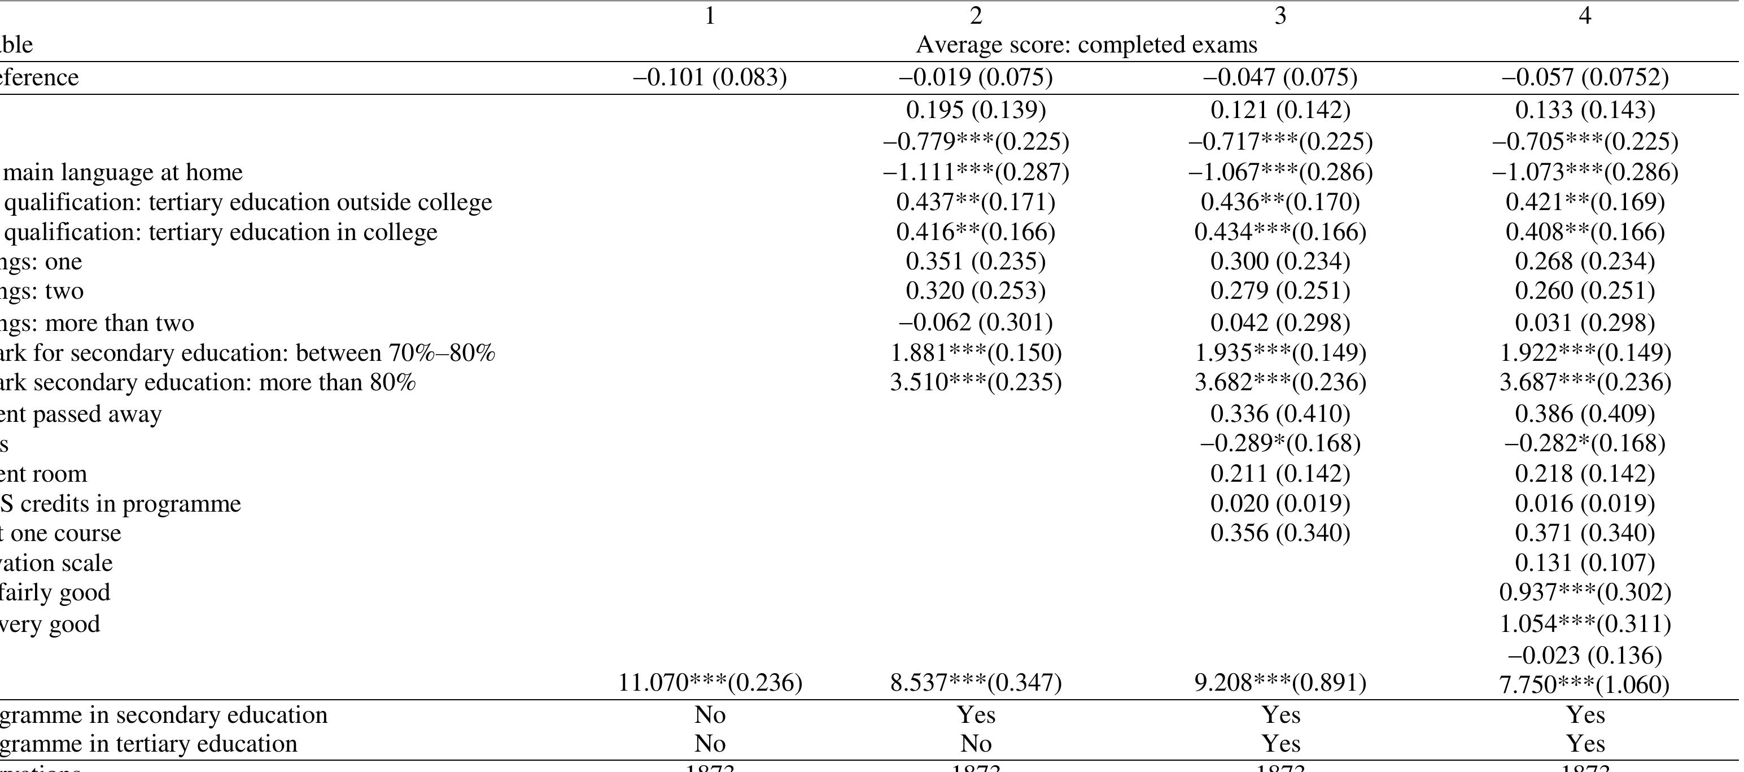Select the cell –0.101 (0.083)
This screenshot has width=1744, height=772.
(x=710, y=77)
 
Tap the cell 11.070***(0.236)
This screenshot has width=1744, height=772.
(x=710, y=682)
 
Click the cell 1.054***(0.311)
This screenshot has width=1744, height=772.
(x=1585, y=623)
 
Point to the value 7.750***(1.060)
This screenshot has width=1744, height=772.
(x=1585, y=684)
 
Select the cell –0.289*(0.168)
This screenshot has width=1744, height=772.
(x=1280, y=443)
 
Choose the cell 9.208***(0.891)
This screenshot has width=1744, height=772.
(x=1280, y=682)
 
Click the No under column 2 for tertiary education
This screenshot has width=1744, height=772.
(x=976, y=744)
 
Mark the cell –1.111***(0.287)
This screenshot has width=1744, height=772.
(x=976, y=172)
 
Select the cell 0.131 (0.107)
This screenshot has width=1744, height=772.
(x=1585, y=562)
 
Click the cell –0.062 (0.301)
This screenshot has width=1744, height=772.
(x=976, y=322)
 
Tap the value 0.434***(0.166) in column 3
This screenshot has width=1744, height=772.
(x=1280, y=232)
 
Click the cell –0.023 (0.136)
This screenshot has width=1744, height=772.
(x=1585, y=655)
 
